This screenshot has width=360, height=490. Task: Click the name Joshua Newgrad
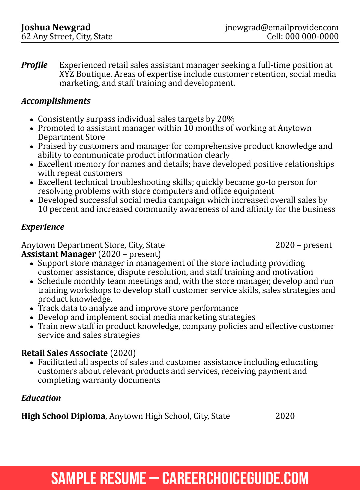point(56,27)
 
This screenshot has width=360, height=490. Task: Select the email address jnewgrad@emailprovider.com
point(282,28)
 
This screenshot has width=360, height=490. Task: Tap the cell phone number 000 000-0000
point(312,37)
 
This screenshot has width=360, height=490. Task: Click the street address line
point(67,37)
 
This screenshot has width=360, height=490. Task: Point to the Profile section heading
point(34,65)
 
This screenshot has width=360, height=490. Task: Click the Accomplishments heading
point(56,101)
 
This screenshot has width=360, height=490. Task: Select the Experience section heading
point(43,227)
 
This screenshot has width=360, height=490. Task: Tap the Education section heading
point(41,398)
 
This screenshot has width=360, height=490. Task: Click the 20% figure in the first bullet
point(226,119)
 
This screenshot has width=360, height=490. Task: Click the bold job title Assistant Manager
point(58,254)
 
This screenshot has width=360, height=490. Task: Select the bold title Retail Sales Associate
point(64,353)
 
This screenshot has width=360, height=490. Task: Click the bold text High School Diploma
point(63,416)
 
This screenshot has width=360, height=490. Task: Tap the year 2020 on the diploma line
point(285,416)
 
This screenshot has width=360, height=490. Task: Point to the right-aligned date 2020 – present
point(303,245)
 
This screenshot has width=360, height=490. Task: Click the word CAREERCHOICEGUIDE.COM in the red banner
point(235,478)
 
